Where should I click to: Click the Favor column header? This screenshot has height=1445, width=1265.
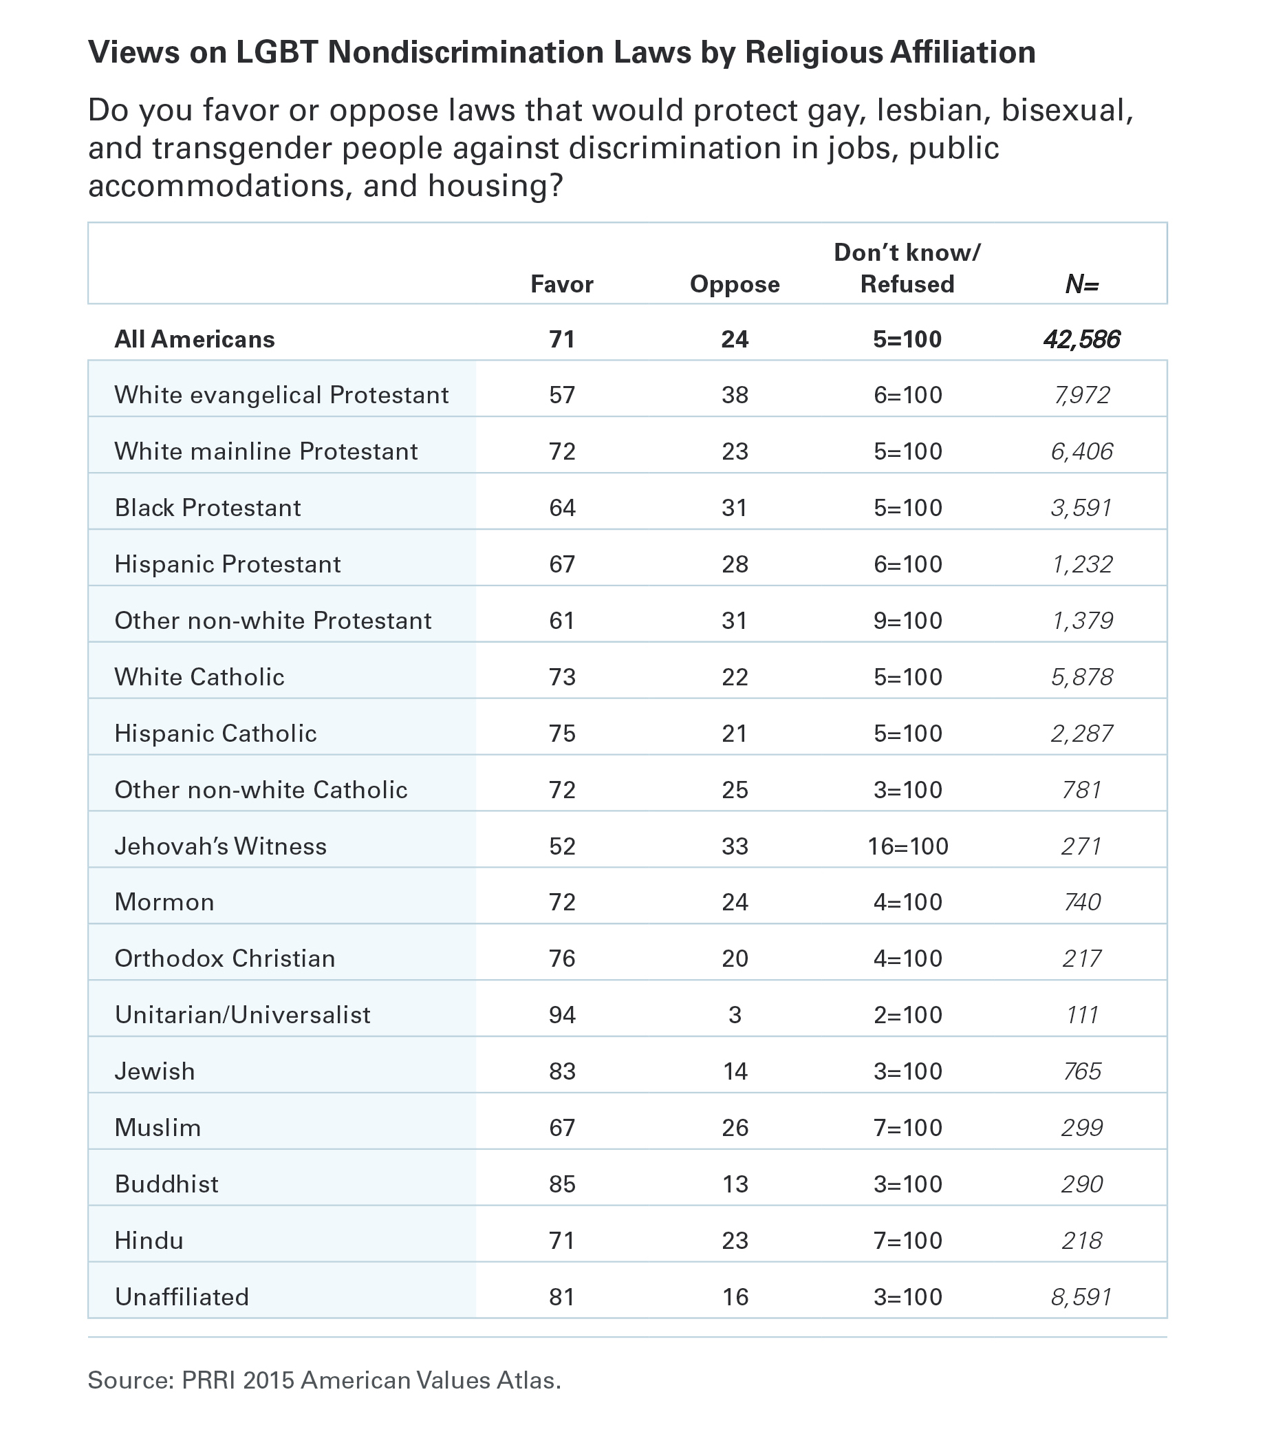point(562,284)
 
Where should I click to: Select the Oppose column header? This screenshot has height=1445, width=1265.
point(735,284)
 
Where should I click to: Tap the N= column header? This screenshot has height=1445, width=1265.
point(1082,284)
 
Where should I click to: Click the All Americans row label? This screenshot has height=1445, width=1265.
point(195,339)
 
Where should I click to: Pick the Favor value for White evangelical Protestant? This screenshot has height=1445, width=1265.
point(563,395)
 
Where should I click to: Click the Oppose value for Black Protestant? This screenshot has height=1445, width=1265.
point(735,508)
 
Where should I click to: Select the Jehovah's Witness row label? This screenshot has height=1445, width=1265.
point(221,846)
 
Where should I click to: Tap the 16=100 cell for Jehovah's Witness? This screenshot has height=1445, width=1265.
point(908,846)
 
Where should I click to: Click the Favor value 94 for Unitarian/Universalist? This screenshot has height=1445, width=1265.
point(563,1015)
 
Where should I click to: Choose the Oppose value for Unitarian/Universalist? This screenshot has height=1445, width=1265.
point(735,1015)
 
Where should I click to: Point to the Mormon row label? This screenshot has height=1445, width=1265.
point(164,902)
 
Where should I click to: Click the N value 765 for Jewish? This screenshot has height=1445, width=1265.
point(1082,1071)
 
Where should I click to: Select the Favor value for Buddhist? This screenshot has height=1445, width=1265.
point(563,1184)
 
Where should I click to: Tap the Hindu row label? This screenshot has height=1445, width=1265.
point(149,1240)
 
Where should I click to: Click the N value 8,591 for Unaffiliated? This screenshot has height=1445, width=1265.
point(1082,1297)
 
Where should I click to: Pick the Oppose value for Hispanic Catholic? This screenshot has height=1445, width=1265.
point(735,733)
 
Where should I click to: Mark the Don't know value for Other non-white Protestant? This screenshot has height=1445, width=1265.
point(908,621)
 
